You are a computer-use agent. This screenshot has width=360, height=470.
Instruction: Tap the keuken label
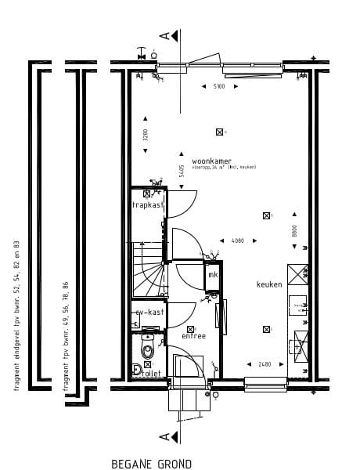pyautogui.click(x=269, y=284)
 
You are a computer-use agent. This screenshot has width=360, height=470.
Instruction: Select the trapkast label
pyautogui.click(x=147, y=205)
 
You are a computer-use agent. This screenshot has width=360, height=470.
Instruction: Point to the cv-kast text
pyautogui.click(x=149, y=313)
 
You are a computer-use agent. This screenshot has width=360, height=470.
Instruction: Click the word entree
pyautogui.click(x=193, y=336)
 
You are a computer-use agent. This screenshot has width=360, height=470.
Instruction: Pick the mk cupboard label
pyautogui.click(x=212, y=276)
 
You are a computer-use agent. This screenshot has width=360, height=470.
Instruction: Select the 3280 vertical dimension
pyautogui.click(x=145, y=134)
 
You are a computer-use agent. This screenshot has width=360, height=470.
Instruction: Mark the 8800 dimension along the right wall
pyautogui.click(x=294, y=231)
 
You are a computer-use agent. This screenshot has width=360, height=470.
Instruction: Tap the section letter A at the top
pyautogui.click(x=164, y=35)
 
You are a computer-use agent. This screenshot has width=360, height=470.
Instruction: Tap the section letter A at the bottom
pyautogui.click(x=164, y=436)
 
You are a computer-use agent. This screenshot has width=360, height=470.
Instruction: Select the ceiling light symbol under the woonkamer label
pyautogui.click(x=220, y=132)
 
